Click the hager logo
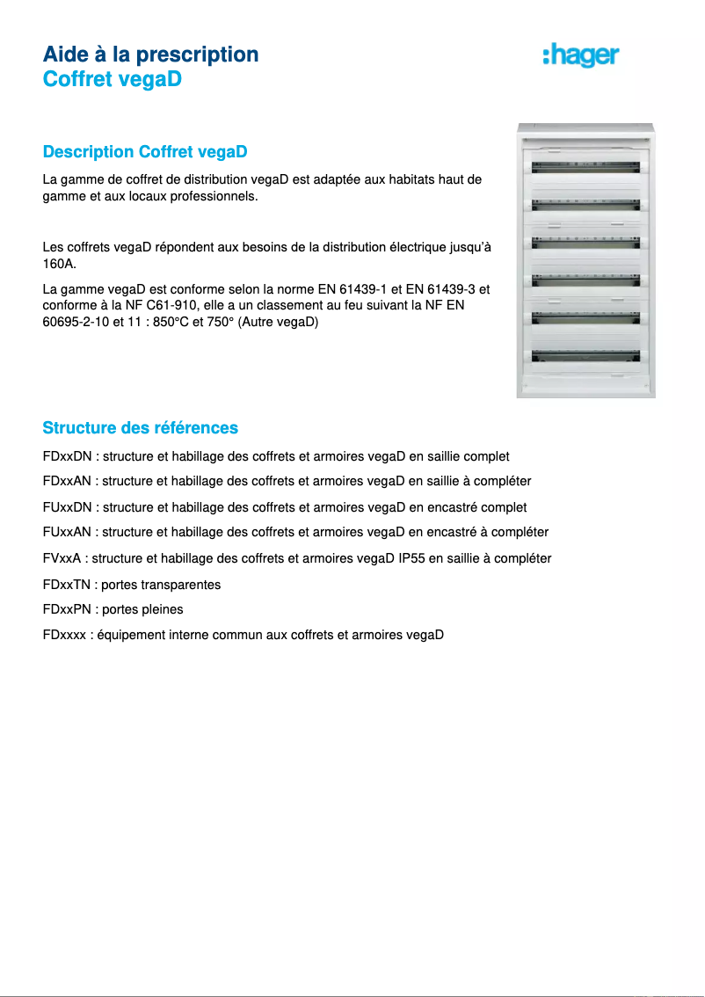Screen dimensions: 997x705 [581, 56]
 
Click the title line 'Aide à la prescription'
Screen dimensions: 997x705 [150, 55]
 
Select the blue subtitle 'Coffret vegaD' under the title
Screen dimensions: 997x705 [112, 80]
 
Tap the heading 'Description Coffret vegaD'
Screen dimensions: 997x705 [145, 152]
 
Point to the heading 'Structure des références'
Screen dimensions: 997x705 [141, 428]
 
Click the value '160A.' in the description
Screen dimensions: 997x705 [60, 264]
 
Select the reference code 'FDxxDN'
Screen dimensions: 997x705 [68, 457]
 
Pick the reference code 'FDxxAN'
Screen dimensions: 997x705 [68, 482]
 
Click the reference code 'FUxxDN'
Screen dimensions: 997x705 [68, 508]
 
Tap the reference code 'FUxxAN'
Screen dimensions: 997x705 [68, 533]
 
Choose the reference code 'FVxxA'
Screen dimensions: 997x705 [63, 558]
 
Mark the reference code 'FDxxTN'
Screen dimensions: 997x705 [68, 585]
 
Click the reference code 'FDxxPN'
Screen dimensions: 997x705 [68, 609]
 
